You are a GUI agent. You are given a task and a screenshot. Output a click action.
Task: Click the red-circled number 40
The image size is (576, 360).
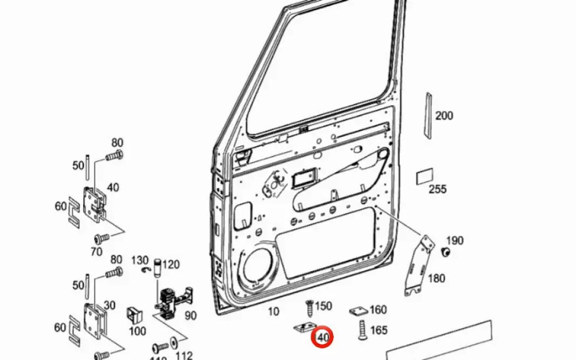(323, 337)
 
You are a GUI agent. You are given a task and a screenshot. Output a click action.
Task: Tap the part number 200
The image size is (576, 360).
(444, 116)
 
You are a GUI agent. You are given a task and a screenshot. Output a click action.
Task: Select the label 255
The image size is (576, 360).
(437, 189)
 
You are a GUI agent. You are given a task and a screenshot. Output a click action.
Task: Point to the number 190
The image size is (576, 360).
(455, 241)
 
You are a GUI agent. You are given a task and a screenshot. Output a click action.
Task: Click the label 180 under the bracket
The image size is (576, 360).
(436, 279)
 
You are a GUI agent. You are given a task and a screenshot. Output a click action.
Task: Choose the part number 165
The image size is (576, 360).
(378, 330)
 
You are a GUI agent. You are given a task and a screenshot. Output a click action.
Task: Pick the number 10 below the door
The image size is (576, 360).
(274, 311)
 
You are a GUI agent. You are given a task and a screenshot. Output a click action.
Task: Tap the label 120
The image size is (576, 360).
(171, 264)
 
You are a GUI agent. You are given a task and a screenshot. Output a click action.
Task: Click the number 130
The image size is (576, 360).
(139, 261)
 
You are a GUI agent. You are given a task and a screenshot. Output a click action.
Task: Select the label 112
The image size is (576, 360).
(184, 355)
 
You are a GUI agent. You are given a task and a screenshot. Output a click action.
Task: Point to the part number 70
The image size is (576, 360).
(97, 252)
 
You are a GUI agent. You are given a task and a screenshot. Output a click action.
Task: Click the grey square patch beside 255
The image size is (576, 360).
(424, 176)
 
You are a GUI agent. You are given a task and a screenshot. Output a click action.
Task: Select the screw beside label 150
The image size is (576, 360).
(310, 309)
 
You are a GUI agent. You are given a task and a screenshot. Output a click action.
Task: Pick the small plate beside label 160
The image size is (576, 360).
(358, 311)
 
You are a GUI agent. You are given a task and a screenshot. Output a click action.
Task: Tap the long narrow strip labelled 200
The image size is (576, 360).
(428, 116)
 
